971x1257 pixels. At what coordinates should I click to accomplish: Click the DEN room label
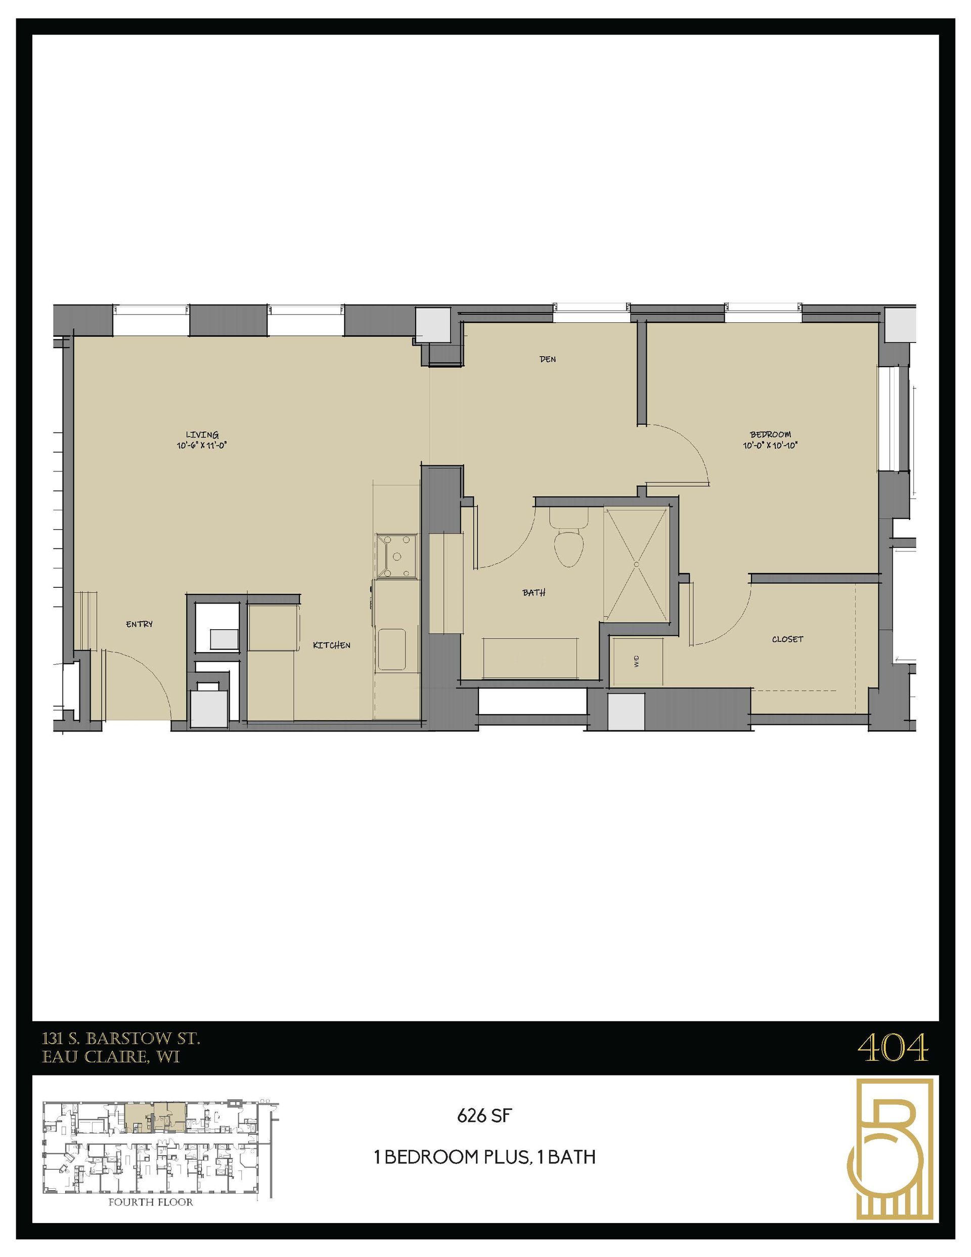tap(547, 359)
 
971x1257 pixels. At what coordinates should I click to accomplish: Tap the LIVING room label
tap(202, 435)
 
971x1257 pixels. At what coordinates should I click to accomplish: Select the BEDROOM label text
tap(770, 435)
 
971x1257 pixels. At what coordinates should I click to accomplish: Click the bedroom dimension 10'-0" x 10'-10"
tap(770, 445)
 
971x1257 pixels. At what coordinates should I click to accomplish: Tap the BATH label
tap(534, 592)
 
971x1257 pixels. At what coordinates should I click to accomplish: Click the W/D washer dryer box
tap(637, 661)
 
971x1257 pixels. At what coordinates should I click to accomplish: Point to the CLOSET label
tap(787, 639)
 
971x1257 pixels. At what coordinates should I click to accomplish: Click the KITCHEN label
tap(332, 645)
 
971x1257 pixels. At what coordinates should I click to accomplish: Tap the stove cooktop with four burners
tap(396, 556)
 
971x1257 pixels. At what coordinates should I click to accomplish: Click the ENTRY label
tap(139, 624)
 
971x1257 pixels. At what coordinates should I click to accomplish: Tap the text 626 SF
tap(484, 1116)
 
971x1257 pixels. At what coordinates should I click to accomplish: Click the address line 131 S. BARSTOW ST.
tap(121, 1039)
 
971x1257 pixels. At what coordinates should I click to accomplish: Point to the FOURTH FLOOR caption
tap(151, 1202)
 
